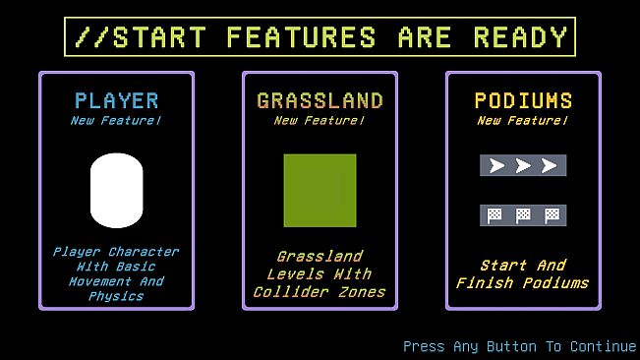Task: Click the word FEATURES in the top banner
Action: click(301, 37)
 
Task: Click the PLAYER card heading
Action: click(116, 100)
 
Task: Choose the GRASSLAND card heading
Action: click(320, 100)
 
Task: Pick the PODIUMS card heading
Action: click(523, 100)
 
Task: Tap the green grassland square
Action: click(320, 190)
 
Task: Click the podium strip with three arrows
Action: click(523, 165)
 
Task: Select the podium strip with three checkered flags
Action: click(523, 214)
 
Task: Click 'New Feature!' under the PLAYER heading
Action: click(116, 121)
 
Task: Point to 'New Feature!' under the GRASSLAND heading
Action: click(320, 121)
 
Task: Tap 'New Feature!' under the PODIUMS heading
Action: click(523, 121)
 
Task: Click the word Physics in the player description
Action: click(116, 296)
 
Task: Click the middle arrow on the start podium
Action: click(523, 165)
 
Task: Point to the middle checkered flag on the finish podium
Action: click(523, 214)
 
